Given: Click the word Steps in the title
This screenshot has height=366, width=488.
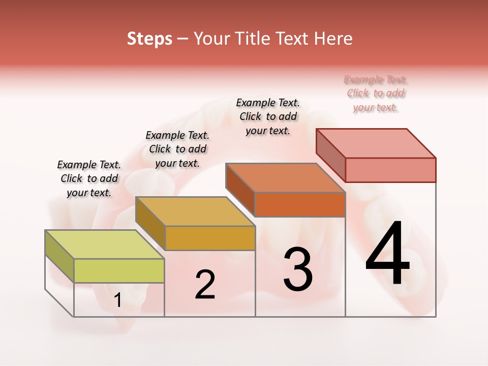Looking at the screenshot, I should pos(149,39).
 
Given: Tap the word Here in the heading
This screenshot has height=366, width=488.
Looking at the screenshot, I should pos(333,39).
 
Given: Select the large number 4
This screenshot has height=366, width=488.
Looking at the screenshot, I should pos(387,254).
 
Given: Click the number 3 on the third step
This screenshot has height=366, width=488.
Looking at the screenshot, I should pos(298,269).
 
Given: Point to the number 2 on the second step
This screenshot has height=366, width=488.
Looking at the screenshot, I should pos(205,285).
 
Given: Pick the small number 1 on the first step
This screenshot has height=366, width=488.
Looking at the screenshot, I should pos(117,300).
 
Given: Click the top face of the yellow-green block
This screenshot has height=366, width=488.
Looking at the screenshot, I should pos(104,245).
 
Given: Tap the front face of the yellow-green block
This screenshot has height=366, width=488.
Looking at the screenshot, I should pos(119,270).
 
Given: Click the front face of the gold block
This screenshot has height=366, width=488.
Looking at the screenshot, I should pos(210,238).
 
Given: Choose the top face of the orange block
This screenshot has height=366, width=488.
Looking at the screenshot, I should pos(285,178).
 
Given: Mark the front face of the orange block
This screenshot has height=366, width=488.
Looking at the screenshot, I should pos(300,204).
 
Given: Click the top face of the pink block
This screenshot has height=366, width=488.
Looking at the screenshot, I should pos(376,143).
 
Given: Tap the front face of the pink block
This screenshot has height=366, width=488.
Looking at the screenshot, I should pos(390,170).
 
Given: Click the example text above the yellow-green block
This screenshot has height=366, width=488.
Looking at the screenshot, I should pos(89,178).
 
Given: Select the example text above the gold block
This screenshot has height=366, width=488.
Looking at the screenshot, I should pos(177,149).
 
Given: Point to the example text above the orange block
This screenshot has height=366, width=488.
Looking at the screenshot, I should pos(268,116).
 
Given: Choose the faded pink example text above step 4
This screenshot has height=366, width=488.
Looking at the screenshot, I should pos(376,93).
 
